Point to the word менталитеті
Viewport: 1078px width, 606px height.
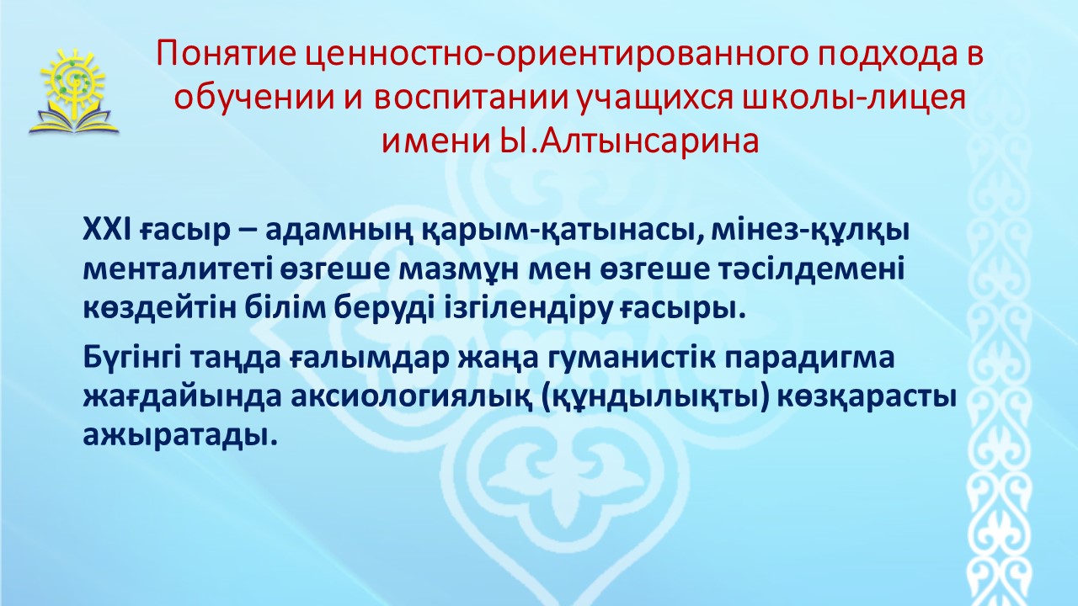(x=178, y=270)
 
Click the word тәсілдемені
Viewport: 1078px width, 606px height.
(x=813, y=270)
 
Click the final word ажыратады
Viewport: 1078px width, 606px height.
(x=180, y=436)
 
